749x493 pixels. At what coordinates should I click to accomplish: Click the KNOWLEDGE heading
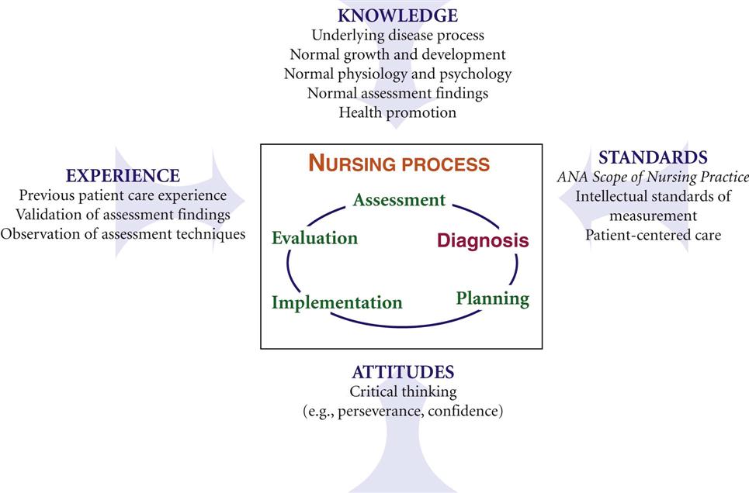click(x=397, y=16)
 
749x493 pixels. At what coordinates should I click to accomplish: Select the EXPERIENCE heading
click(x=123, y=176)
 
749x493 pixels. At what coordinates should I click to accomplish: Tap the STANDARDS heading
click(x=653, y=157)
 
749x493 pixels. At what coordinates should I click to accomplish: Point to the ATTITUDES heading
click(x=403, y=372)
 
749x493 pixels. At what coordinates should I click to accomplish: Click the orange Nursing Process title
click(x=399, y=164)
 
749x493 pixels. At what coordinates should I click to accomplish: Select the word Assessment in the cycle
click(x=400, y=199)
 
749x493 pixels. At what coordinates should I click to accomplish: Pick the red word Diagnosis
click(x=483, y=240)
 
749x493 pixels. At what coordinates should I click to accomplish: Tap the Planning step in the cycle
click(x=493, y=298)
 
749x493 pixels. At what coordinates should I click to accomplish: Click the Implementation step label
click(x=337, y=302)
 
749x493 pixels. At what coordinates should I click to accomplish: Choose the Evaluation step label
click(x=314, y=238)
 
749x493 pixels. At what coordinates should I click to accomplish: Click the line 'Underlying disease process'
click(x=398, y=36)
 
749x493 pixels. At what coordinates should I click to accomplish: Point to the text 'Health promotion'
click(x=397, y=112)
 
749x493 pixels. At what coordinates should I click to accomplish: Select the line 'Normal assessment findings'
click(x=397, y=93)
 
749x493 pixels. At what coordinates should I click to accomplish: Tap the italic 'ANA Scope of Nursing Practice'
click(x=653, y=177)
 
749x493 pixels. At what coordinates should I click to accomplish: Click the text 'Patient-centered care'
click(x=653, y=235)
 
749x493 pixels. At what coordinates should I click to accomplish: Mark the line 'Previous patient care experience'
click(x=123, y=195)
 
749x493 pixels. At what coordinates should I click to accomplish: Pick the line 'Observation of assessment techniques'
click(x=123, y=234)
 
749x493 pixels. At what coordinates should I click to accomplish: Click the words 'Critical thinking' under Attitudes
click(x=403, y=391)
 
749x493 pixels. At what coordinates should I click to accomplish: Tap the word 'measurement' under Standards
click(x=653, y=215)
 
